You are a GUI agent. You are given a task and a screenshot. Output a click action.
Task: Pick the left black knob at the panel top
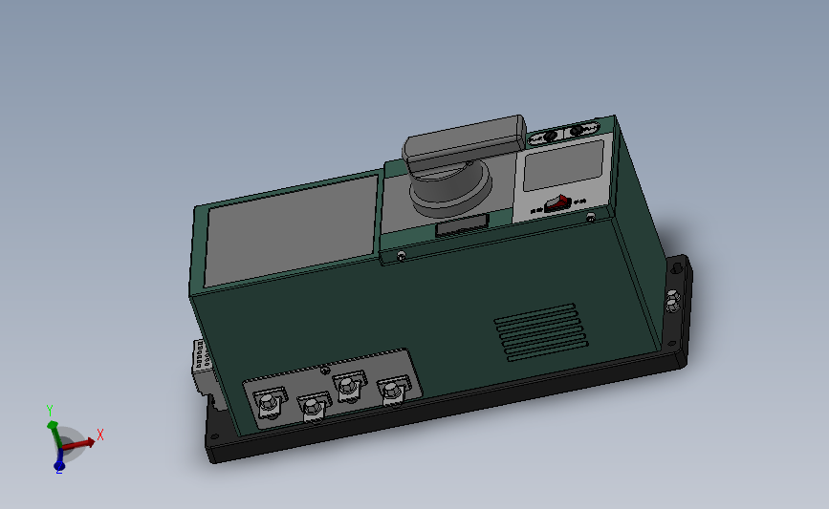click(x=550, y=138)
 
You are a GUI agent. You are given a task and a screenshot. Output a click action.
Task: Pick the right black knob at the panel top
click(x=579, y=130)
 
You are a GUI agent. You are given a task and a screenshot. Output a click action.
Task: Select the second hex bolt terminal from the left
click(x=311, y=408)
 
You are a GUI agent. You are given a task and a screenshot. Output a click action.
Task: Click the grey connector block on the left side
click(x=201, y=363)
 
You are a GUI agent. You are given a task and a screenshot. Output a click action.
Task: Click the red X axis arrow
click(x=86, y=441)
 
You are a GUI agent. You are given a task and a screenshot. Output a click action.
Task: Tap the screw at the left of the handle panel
click(x=401, y=255)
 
